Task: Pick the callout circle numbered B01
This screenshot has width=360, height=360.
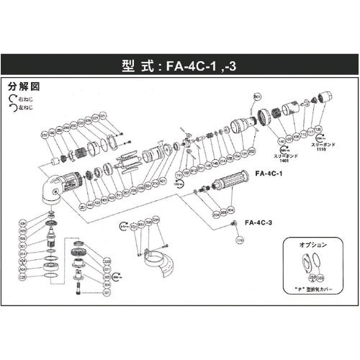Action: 256,96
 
